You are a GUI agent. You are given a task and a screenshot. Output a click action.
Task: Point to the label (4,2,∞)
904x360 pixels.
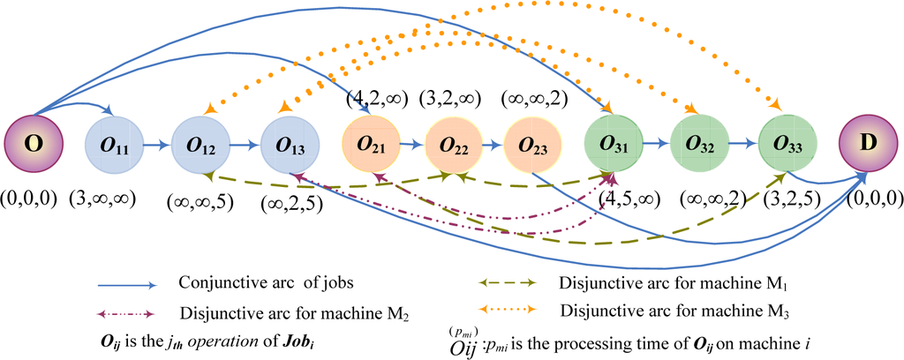373,94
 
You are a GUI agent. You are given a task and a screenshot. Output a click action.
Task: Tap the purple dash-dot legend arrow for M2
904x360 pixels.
127,311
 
